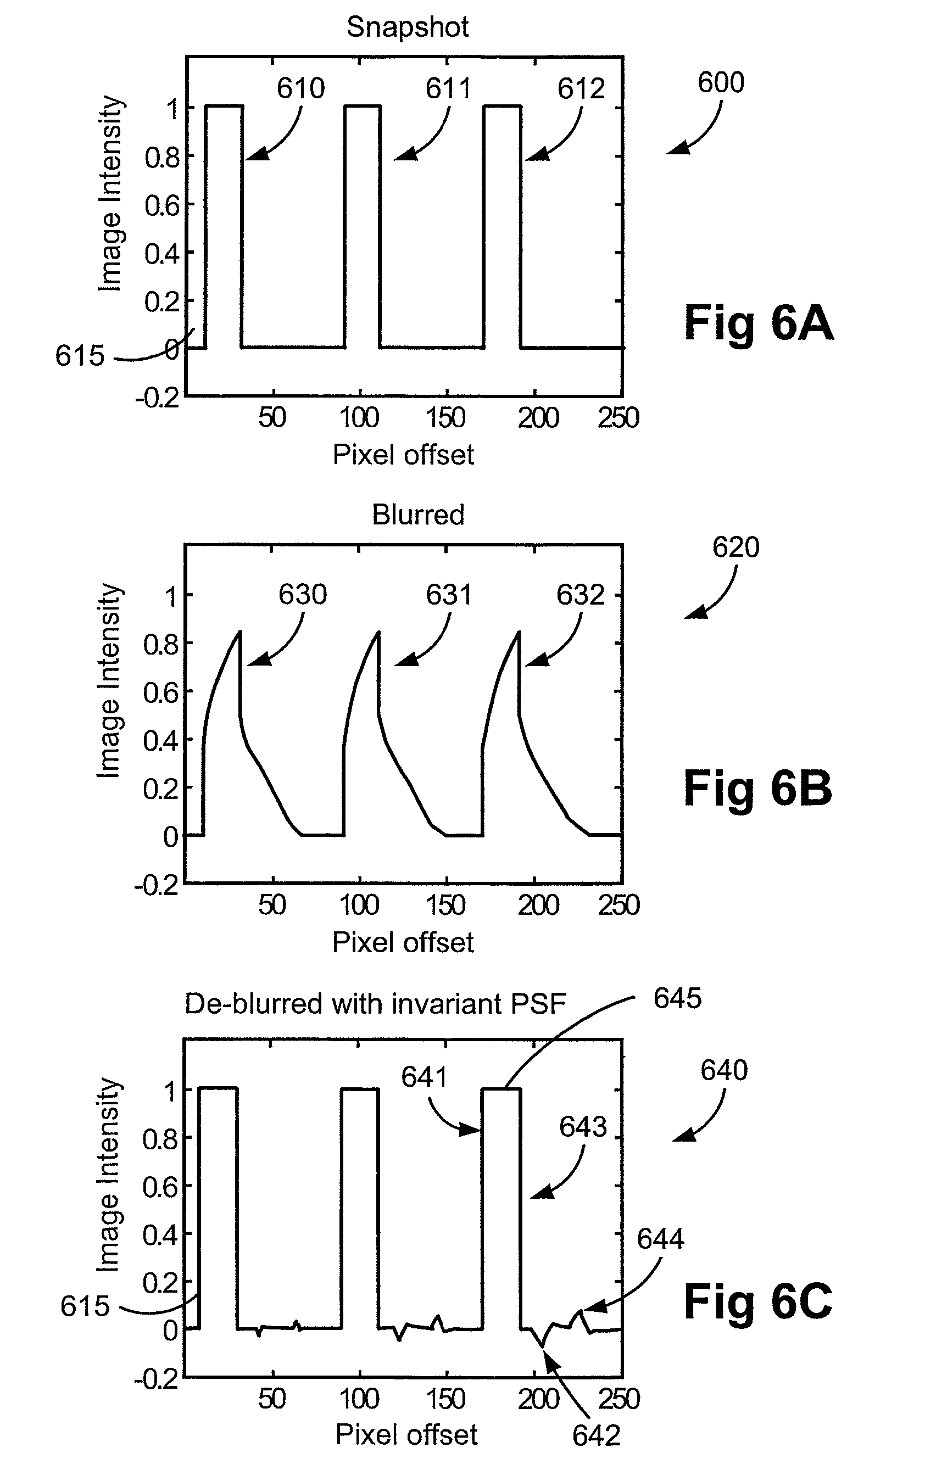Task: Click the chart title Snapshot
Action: click(408, 27)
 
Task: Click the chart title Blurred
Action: click(418, 515)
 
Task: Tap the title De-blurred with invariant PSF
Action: click(375, 1004)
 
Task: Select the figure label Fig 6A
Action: click(757, 323)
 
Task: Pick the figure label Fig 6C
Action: click(757, 1301)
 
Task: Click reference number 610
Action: click(300, 88)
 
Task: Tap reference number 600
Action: click(721, 82)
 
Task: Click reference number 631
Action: click(449, 594)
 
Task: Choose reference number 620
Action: click(735, 547)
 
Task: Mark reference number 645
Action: click(677, 998)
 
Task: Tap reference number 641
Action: click(425, 1077)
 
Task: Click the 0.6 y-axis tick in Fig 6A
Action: click(162, 206)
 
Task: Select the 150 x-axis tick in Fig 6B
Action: click(446, 906)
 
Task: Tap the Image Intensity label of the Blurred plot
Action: click(109, 680)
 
